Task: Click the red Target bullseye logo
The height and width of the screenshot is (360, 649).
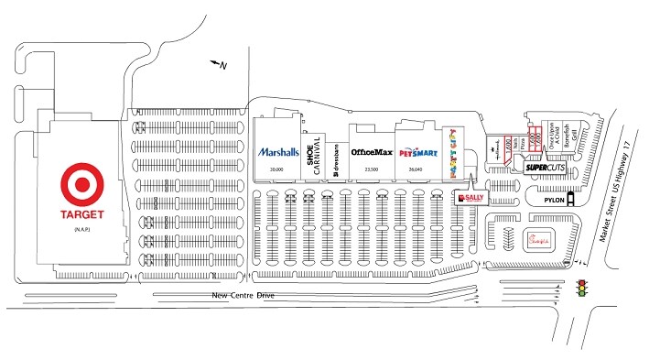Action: (80, 186)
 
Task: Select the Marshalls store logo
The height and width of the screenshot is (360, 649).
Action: (277, 152)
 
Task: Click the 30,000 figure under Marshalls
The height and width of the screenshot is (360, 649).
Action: (275, 169)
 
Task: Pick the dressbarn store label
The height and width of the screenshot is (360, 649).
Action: (336, 155)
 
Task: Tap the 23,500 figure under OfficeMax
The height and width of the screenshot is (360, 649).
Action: (371, 169)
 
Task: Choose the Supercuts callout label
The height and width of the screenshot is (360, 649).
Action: (543, 169)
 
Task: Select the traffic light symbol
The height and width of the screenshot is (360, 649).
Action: (579, 289)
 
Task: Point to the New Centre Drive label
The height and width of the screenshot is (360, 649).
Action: (243, 295)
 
